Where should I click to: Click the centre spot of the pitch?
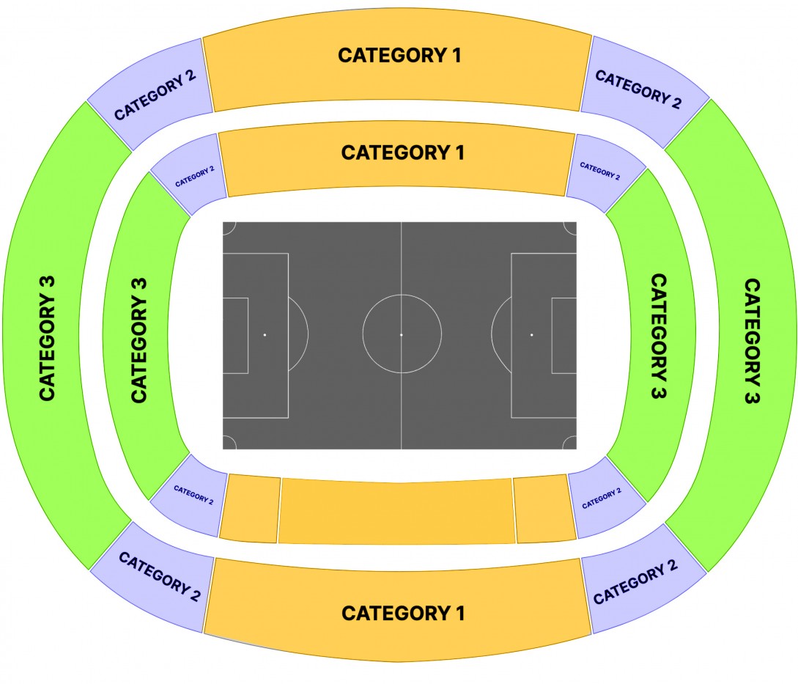pyautogui.click(x=402, y=334)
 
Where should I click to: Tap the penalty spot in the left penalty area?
pyautogui.click(x=265, y=334)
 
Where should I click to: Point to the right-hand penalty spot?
pyautogui.click(x=532, y=334)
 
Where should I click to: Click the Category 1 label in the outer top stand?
pyautogui.click(x=399, y=55)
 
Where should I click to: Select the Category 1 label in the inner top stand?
pyautogui.click(x=402, y=152)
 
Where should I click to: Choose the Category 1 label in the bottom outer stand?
pyautogui.click(x=403, y=613)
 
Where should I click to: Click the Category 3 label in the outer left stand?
pyautogui.click(x=48, y=339)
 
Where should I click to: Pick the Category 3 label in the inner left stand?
pyautogui.click(x=139, y=340)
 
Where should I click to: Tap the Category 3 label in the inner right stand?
pyautogui.click(x=659, y=336)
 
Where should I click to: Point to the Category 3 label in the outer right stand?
pyautogui.click(x=752, y=341)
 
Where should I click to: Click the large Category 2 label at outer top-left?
pyautogui.click(x=155, y=95)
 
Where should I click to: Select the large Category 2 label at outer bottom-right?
pyautogui.click(x=635, y=581)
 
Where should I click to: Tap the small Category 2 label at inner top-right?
pyautogui.click(x=600, y=172)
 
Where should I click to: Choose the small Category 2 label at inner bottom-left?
pyautogui.click(x=193, y=495)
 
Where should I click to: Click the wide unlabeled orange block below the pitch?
pyautogui.click(x=396, y=511)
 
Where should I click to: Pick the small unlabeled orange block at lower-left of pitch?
pyautogui.click(x=250, y=508)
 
